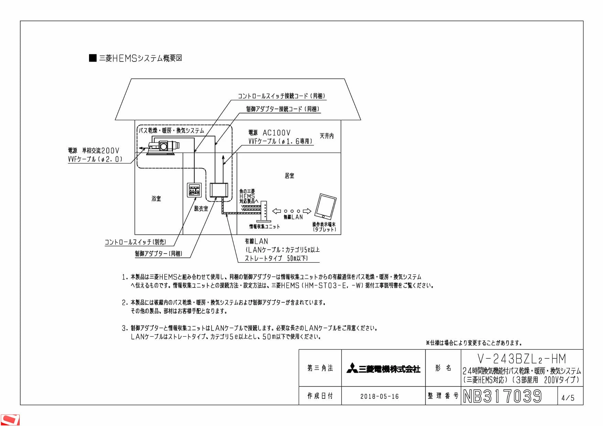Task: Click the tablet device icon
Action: (326, 206)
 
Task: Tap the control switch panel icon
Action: (194, 190)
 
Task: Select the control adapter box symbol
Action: (219, 190)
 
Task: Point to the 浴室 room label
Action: (156, 199)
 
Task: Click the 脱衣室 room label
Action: (201, 209)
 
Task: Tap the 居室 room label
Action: (289, 176)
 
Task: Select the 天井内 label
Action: (327, 136)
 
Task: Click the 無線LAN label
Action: (293, 217)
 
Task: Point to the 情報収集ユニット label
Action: (264, 226)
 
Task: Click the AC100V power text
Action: (277, 133)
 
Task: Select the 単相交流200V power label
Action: (100, 150)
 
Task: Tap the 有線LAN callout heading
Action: (256, 242)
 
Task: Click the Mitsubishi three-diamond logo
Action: (352, 368)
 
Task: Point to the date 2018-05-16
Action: (380, 396)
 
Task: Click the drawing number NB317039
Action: (502, 396)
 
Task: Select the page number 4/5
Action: (568, 398)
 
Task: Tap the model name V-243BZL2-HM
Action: (522, 359)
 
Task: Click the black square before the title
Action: (93, 58)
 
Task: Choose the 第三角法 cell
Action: (320, 368)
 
